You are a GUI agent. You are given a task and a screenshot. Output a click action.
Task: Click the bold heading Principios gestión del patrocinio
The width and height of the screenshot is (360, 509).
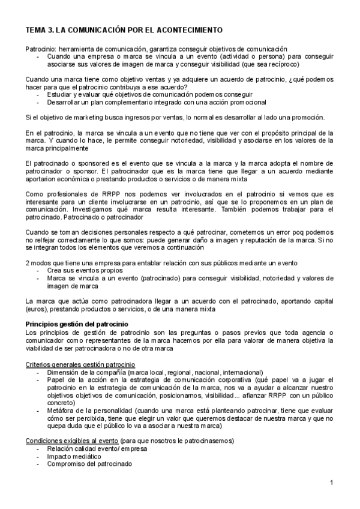click(86, 324)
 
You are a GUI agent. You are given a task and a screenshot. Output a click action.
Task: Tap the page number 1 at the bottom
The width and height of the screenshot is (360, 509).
click(331, 483)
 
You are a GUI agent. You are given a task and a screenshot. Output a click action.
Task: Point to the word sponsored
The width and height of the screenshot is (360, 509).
click(89, 164)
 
